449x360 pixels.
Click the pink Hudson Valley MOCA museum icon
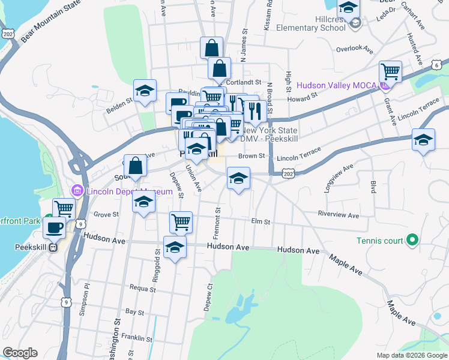click(x=385, y=86)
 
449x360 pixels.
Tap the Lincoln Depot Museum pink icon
click(x=77, y=191)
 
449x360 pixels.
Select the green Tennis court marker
click(x=411, y=241)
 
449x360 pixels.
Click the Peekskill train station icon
click(x=53, y=246)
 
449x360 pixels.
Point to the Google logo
click(x=20, y=353)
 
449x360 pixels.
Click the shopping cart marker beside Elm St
click(x=181, y=222)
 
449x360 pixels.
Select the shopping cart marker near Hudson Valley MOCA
click(x=391, y=72)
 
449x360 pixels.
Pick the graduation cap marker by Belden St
click(x=145, y=91)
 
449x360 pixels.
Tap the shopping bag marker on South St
click(x=135, y=166)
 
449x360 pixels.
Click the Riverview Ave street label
click(x=339, y=215)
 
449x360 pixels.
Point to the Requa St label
click(x=142, y=288)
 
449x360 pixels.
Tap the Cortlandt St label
click(x=247, y=82)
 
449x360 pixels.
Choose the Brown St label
click(x=252, y=156)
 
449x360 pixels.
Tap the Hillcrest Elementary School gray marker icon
click(x=355, y=23)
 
